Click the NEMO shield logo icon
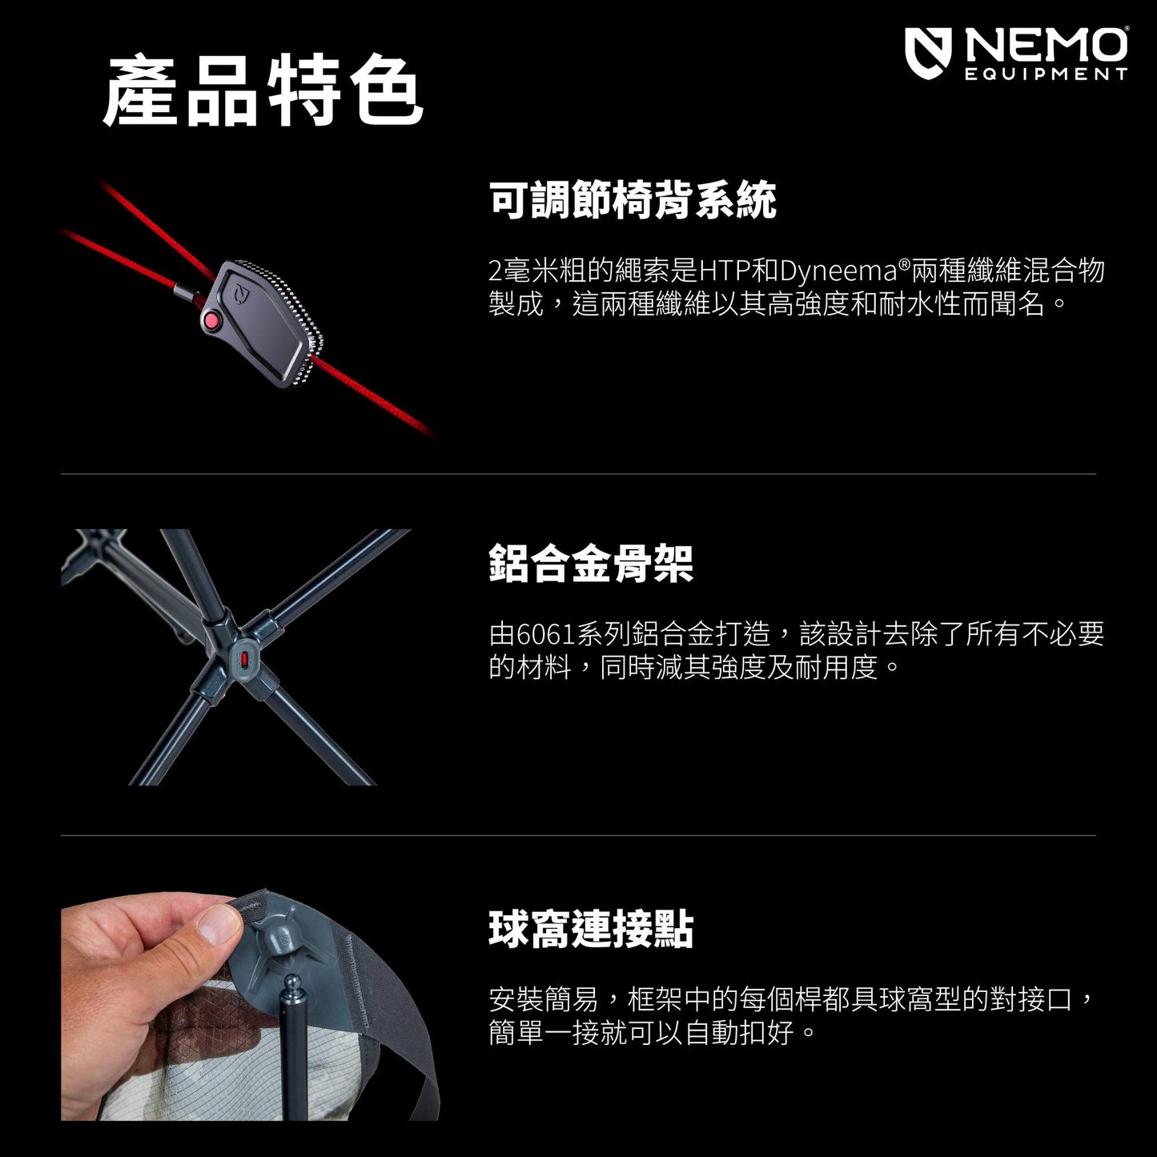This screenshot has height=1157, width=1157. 928,53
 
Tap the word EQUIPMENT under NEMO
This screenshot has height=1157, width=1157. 1046,74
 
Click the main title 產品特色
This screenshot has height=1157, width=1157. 263,90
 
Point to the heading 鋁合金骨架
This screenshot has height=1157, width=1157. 592,563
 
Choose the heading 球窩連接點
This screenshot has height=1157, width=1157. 592,929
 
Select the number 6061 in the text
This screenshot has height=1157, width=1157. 546,634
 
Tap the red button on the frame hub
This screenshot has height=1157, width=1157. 244,660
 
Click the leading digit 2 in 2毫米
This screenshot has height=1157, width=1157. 496,271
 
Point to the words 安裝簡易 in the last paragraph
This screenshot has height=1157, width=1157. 544,998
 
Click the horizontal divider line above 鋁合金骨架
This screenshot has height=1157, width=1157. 578,474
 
